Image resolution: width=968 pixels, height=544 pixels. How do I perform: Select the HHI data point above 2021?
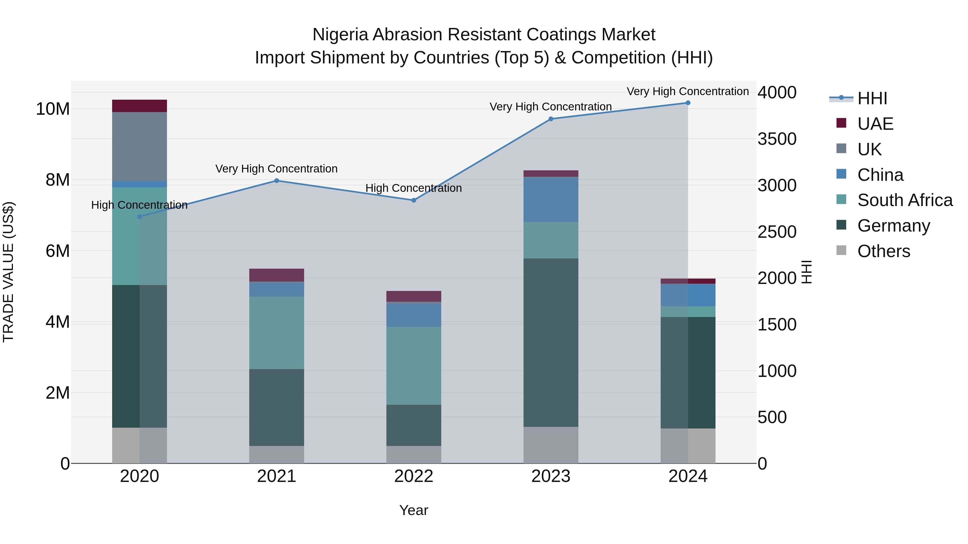tap(277, 181)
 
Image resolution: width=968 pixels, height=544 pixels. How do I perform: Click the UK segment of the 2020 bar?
tap(139, 146)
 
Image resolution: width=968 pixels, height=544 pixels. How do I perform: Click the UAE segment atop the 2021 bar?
tap(277, 275)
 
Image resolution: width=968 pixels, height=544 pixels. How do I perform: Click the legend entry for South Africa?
tap(905, 200)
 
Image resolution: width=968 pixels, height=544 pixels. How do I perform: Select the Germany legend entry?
tap(894, 226)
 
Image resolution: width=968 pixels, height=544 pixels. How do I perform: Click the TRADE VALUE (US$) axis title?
tap(8, 272)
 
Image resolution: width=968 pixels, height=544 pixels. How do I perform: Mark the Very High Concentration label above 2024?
tap(687, 91)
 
